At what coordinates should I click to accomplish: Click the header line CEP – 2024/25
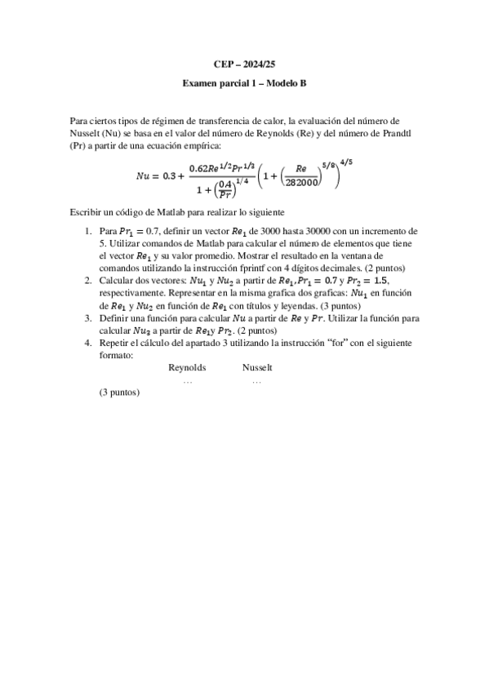click(x=243, y=64)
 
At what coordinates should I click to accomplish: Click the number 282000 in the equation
click(x=301, y=183)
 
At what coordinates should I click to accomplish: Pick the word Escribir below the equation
click(x=89, y=211)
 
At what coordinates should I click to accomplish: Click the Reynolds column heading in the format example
click(x=187, y=368)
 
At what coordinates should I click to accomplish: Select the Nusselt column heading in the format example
click(x=257, y=368)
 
